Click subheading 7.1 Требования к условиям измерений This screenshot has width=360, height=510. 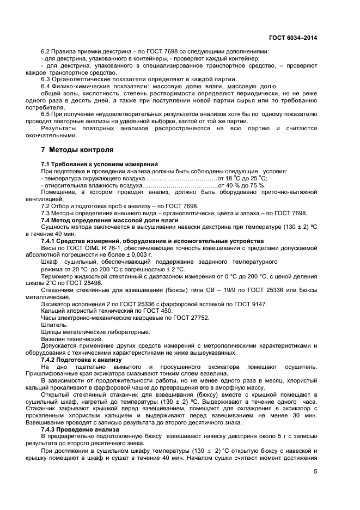(100, 164)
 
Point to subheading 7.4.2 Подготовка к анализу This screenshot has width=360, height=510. (81, 360)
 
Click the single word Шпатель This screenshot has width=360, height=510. (53, 325)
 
